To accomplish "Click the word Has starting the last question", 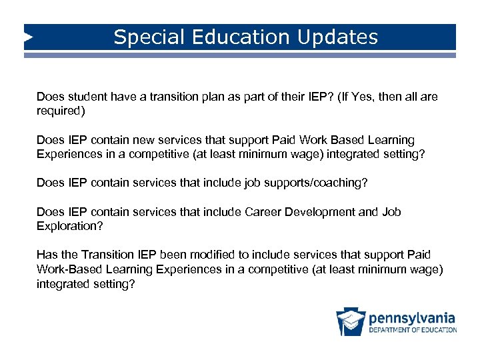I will [x=47, y=255].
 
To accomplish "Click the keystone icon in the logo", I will [x=350, y=322].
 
